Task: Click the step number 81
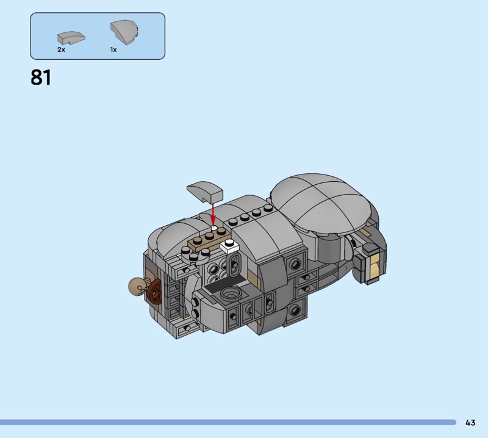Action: point(41,77)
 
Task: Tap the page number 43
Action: point(470,422)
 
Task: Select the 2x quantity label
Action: point(61,49)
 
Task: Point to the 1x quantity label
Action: point(113,49)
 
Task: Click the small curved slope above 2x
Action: point(71,38)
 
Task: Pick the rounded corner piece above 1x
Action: point(124,32)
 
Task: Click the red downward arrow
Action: point(213,214)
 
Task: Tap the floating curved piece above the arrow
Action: point(205,192)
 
